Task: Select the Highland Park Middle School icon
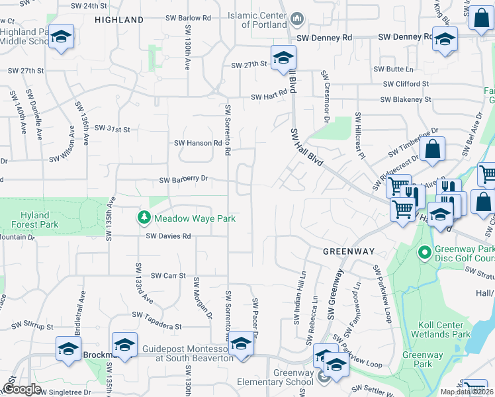click(x=61, y=38)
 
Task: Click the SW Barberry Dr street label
click(x=184, y=179)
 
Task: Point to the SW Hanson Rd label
click(x=198, y=143)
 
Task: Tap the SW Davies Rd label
click(x=168, y=236)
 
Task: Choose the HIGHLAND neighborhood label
click(x=119, y=20)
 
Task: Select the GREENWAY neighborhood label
click(x=349, y=251)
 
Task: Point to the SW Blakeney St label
click(x=406, y=100)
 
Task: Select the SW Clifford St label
click(x=406, y=84)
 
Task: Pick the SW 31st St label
click(x=112, y=128)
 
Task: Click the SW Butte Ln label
click(x=393, y=69)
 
